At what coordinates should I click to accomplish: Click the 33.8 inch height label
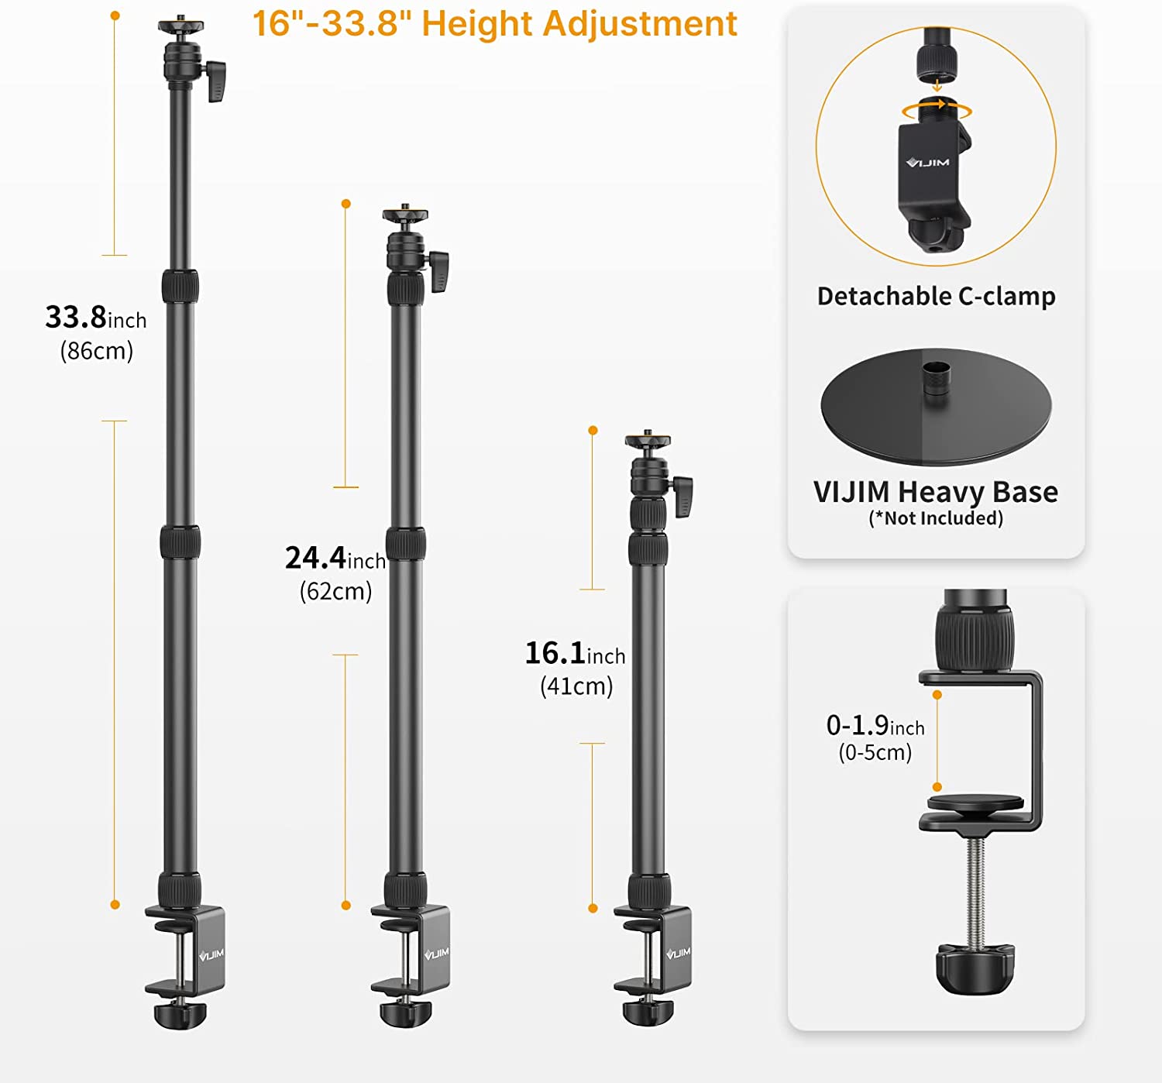pyautogui.click(x=96, y=318)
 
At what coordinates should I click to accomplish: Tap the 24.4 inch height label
pyautogui.click(x=335, y=558)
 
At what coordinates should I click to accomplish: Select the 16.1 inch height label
pyautogui.click(x=575, y=653)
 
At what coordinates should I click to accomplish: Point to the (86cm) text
pyautogui.click(x=97, y=351)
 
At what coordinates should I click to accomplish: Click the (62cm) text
pyautogui.click(x=336, y=591)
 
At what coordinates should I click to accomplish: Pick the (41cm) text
pyautogui.click(x=576, y=686)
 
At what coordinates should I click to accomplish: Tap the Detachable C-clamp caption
pyautogui.click(x=936, y=296)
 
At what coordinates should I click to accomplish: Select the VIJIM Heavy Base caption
pyautogui.click(x=936, y=492)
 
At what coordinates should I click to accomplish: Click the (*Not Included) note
pyautogui.click(x=936, y=518)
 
